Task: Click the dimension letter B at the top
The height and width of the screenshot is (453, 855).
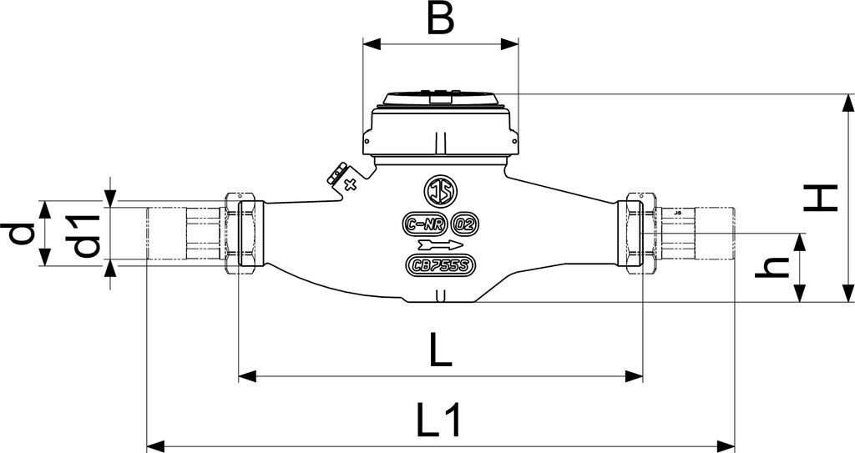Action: pos(440,18)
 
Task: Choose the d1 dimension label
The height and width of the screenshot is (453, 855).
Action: pos(88,235)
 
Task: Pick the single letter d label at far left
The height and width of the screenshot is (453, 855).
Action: pos(23,234)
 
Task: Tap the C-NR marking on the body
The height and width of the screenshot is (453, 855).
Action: pos(423,224)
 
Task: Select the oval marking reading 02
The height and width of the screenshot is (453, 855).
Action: pos(464,224)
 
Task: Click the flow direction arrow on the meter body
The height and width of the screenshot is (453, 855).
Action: pos(439,244)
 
